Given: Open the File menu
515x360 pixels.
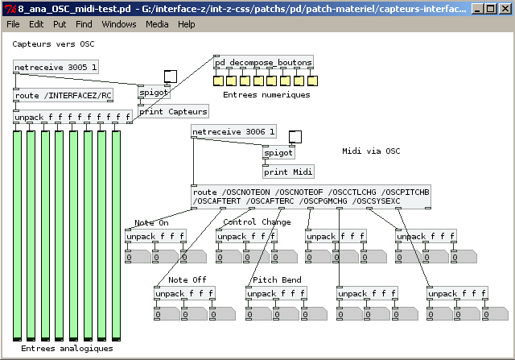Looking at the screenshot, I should (13, 24).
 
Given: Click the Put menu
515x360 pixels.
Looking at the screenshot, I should (60, 24).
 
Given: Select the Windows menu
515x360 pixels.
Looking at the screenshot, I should (119, 24).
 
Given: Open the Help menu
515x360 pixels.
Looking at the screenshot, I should (186, 24).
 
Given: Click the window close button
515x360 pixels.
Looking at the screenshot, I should (503, 8).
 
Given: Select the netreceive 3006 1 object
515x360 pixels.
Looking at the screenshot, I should (233, 131).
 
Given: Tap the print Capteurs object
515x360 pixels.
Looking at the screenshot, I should (173, 111).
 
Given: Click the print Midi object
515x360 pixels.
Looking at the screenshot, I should (288, 171).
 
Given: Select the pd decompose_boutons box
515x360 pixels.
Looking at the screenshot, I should (263, 62).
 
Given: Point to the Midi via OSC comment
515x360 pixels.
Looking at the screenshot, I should (371, 151).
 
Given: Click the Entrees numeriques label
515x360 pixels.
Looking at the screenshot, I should (266, 95).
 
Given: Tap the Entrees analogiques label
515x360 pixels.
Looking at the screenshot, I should (67, 349).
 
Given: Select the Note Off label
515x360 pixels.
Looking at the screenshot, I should (187, 280).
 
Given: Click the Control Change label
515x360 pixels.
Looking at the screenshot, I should (257, 222).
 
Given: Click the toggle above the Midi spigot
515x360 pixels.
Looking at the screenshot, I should (295, 136).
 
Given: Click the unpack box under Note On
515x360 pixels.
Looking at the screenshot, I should (155, 237).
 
